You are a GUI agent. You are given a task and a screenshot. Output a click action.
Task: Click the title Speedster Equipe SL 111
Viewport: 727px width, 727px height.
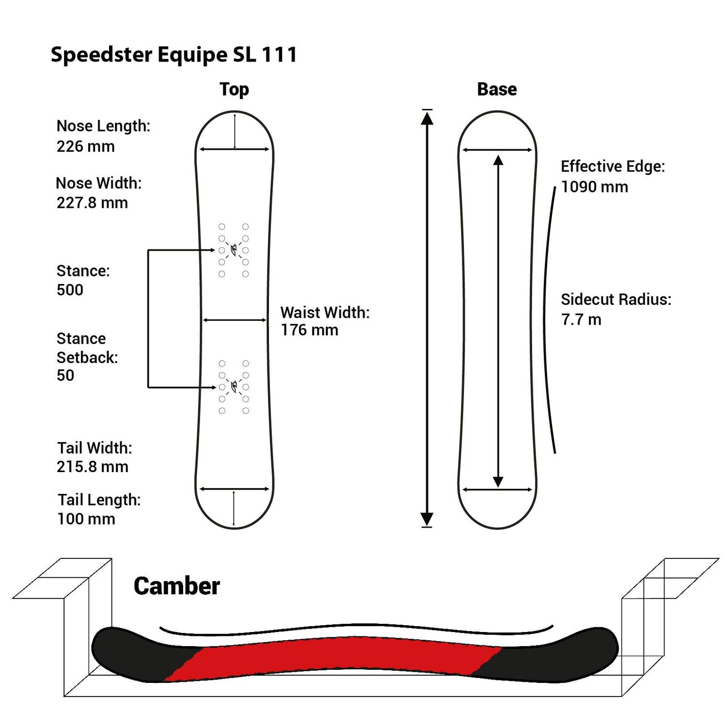tap(174, 54)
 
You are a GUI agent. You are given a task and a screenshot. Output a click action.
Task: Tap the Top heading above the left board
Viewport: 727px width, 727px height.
tap(234, 89)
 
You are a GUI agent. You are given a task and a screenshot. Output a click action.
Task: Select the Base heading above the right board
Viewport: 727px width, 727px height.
tap(497, 89)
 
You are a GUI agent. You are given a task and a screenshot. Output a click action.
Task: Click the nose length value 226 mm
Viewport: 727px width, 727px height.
tap(86, 146)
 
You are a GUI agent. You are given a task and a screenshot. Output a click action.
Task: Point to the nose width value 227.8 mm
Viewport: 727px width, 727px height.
tap(92, 203)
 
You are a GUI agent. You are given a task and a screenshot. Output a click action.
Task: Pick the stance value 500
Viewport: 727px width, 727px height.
tap(70, 290)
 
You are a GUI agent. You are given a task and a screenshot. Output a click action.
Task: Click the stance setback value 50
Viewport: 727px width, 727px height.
tap(65, 375)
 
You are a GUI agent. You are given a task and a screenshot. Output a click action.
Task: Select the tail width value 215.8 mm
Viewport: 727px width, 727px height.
tap(92, 467)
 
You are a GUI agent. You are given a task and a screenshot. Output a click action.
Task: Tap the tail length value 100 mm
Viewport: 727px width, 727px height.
tap(86, 519)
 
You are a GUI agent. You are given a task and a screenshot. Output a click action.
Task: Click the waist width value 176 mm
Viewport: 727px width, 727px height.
tap(309, 330)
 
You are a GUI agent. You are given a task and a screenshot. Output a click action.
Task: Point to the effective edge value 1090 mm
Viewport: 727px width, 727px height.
tap(594, 187)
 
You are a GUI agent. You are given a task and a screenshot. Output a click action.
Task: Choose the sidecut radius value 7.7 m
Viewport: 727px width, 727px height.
tap(581, 319)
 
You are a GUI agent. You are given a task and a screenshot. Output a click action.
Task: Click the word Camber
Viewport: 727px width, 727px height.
tap(176, 586)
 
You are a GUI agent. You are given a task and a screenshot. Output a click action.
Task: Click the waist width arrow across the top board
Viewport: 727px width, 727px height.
tap(235, 320)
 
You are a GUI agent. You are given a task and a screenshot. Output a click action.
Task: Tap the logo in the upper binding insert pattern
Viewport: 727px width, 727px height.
tap(234, 250)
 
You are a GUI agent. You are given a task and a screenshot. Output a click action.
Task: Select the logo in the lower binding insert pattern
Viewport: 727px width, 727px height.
tap(234, 387)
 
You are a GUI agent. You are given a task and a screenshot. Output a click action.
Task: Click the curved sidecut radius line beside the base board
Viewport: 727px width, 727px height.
tap(546, 320)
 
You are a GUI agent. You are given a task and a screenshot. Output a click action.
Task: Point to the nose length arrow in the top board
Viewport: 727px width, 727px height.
tap(235, 131)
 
